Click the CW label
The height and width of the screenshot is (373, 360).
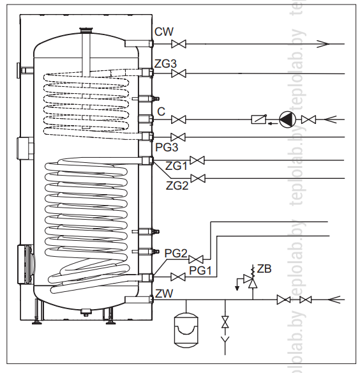pos(164,32)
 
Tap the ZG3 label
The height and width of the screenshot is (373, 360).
pos(165,64)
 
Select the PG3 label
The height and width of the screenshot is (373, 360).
pos(167,148)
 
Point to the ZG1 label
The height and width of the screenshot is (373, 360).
pos(176,166)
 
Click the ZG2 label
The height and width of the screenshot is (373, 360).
pos(177,186)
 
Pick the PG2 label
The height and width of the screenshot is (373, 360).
pos(176,254)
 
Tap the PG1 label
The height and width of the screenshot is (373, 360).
pos(200,271)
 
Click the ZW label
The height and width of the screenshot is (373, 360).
pos(164,294)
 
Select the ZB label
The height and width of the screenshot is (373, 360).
pos(264,269)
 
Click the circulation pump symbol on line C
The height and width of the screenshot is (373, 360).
pos(287,119)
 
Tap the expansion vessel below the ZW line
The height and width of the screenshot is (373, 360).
pos(186,330)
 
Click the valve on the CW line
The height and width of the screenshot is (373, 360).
pos(179,44)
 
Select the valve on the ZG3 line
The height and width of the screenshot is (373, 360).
pos(179,73)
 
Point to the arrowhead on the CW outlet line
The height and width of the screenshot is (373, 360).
pos(323,44)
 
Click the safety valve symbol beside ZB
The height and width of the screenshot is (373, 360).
pos(251,280)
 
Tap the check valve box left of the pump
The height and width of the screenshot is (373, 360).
pos(259,119)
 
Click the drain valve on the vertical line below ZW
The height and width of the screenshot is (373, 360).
pos(225,322)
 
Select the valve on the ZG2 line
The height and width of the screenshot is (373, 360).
pos(198,178)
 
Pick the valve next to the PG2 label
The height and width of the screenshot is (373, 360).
pos(196,259)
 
